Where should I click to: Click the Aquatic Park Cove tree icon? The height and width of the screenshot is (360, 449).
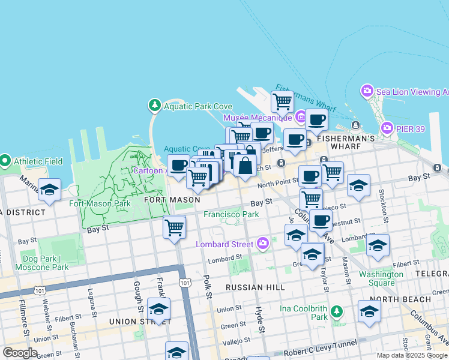coord(155,106)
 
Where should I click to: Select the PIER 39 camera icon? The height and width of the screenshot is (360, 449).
coord(387,128)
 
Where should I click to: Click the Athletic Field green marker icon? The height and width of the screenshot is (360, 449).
coord(5,161)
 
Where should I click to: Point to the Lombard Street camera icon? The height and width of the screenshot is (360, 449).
coord(262,244)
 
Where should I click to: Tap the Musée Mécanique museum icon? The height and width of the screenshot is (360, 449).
coord(300,117)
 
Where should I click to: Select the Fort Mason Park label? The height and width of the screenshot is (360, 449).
coord(100,203)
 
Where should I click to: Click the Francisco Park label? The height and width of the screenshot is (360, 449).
coord(231,214)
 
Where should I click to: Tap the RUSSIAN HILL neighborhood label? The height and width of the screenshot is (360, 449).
coord(255,287)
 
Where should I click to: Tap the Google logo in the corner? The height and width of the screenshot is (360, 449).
coord(20,353)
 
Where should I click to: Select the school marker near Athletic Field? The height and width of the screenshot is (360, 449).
coord(49,190)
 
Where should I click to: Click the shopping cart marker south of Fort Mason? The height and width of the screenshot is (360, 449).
coord(174,227)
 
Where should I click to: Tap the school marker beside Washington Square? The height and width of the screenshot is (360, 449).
coord(378,245)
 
